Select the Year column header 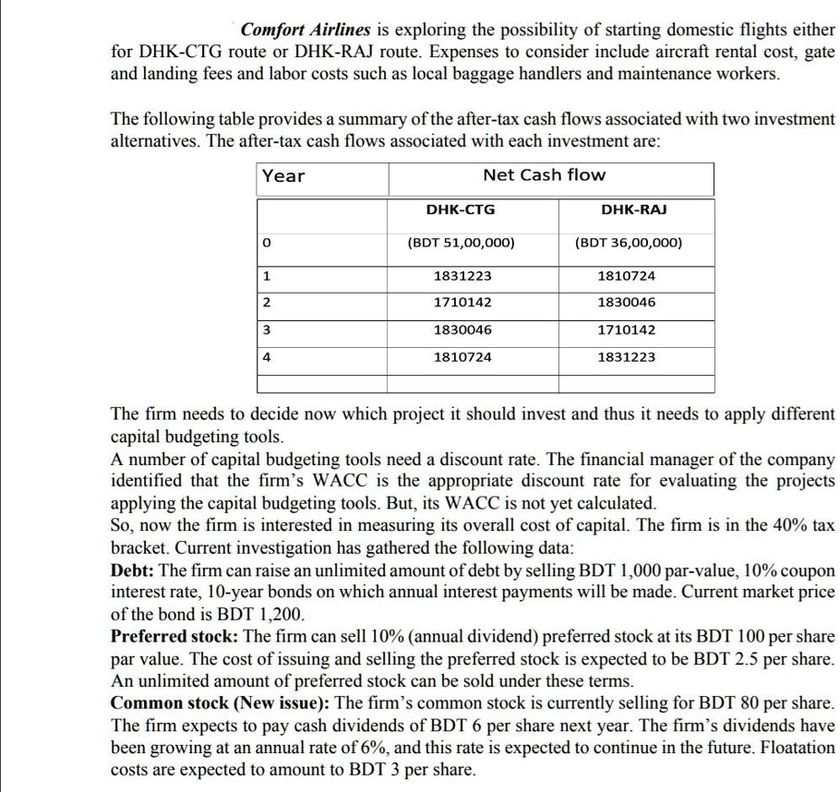[x=283, y=175]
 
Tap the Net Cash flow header [x=545, y=174]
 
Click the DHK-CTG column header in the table [x=461, y=210]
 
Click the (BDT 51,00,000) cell [x=461, y=244]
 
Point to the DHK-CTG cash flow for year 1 [x=461, y=276]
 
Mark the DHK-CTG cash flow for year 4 [x=461, y=356]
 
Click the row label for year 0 [x=266, y=244]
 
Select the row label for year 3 [x=266, y=330]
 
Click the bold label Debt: [x=133, y=570]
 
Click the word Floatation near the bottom [x=791, y=747]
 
